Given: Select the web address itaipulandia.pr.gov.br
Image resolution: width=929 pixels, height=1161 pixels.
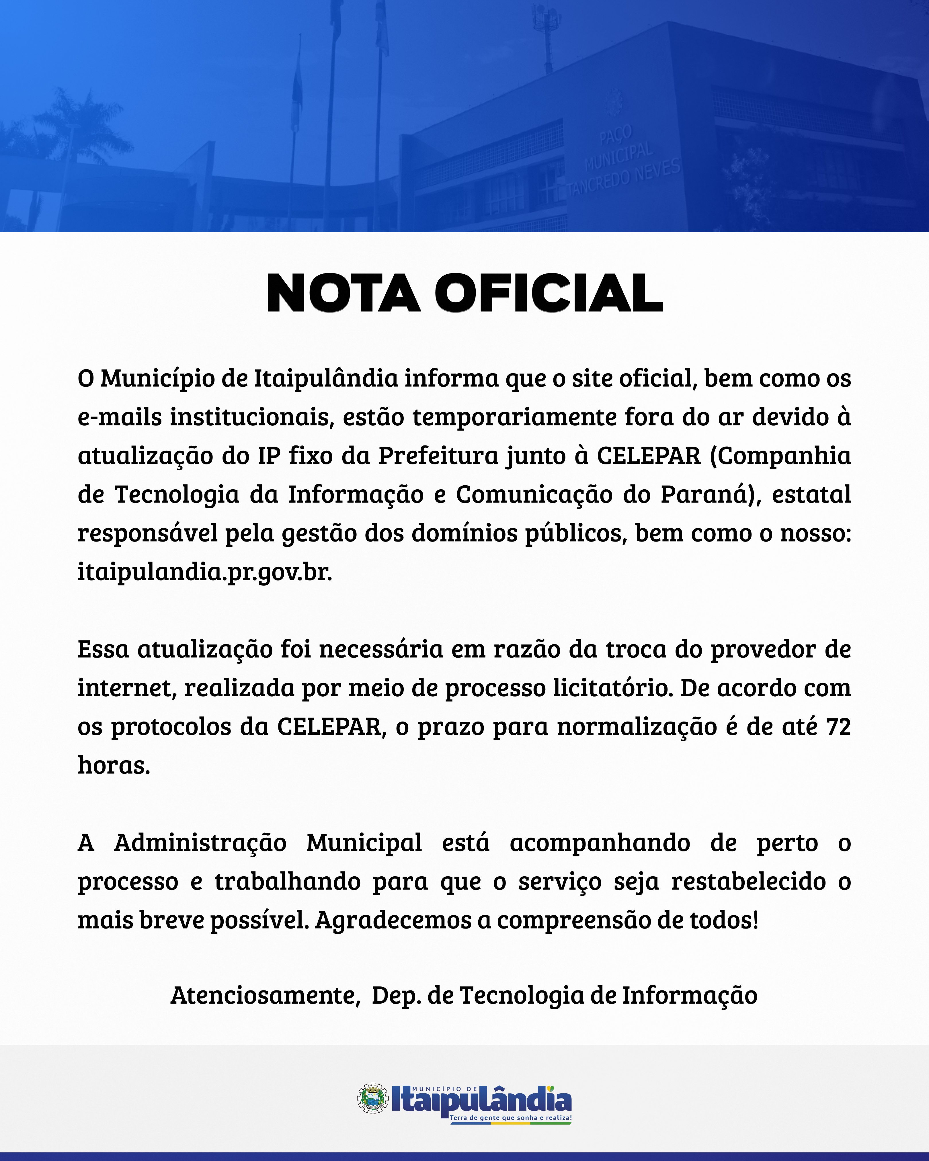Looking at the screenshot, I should coord(205,572).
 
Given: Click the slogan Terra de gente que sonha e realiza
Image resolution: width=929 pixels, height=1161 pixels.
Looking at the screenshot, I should coord(510,1118).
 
